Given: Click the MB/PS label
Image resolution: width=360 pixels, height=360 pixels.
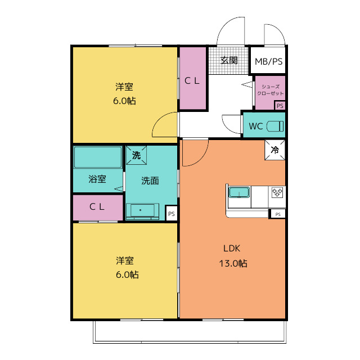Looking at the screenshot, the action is [x=269, y=61].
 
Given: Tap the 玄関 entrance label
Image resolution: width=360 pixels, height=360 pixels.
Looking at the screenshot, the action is [x=229, y=60].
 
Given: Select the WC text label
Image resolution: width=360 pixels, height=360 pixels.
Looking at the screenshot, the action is [x=256, y=126].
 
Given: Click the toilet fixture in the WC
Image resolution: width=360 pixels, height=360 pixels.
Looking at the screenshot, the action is [x=275, y=126].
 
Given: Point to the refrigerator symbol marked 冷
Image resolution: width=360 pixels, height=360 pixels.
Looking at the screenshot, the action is [x=275, y=150].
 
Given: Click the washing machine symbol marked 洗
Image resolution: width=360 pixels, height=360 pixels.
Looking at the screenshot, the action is [x=136, y=155].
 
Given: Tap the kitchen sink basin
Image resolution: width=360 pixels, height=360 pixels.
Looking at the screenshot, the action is [x=239, y=192].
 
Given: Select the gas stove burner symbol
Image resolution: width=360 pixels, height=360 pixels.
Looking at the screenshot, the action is [x=277, y=192].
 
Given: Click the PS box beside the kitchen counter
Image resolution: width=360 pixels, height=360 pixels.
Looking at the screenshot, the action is [x=277, y=214].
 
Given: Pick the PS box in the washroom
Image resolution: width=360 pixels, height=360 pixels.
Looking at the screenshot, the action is [x=171, y=214].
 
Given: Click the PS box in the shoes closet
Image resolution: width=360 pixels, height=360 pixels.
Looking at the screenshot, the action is [x=280, y=106].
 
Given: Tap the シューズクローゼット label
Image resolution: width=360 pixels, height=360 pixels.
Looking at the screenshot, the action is [x=271, y=90].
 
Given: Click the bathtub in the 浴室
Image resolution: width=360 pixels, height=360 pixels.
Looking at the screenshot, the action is [x=98, y=157].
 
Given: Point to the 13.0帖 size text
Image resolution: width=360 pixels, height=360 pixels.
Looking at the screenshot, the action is [x=233, y=263].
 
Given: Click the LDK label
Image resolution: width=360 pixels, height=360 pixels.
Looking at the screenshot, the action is [x=232, y=249].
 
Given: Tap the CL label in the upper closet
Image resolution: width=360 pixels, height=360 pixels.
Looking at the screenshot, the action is [x=192, y=80].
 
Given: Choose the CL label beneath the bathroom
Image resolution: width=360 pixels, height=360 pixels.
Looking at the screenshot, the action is [x=97, y=206].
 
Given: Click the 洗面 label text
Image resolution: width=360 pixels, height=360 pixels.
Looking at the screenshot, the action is [x=150, y=181].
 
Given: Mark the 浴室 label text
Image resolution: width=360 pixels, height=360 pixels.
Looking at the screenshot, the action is [x=97, y=179].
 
